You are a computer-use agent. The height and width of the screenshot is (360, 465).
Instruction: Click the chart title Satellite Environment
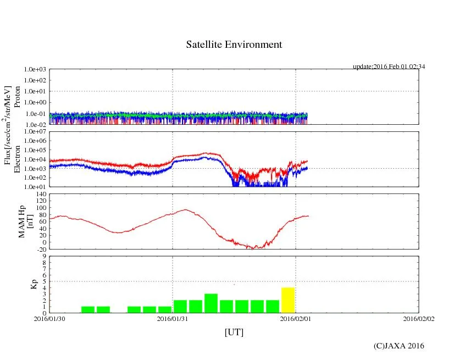click(x=234, y=45)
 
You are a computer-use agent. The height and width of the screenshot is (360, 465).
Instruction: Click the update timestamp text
click(x=389, y=67)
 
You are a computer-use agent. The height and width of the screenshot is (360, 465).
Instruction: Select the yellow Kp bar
click(x=288, y=300)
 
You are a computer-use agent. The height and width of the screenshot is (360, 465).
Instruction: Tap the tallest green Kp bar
click(x=211, y=303)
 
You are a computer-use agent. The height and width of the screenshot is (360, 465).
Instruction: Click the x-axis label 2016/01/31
click(x=173, y=318)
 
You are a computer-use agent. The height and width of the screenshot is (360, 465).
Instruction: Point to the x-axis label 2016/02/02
click(x=419, y=318)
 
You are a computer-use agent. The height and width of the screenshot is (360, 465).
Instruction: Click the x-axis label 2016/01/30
click(x=49, y=318)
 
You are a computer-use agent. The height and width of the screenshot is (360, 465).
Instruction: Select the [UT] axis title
click(x=234, y=332)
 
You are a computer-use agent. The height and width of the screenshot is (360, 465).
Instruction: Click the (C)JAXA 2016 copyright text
click(x=398, y=346)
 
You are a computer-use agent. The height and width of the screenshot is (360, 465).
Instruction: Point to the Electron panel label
click(x=18, y=159)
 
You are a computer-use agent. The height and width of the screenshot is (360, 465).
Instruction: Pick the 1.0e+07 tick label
click(x=35, y=132)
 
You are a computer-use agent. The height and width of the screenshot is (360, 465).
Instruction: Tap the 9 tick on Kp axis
click(x=44, y=256)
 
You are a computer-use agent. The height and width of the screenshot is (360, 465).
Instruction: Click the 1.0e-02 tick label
click(x=35, y=125)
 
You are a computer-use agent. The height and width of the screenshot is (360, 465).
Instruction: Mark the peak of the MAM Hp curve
click(x=186, y=209)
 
